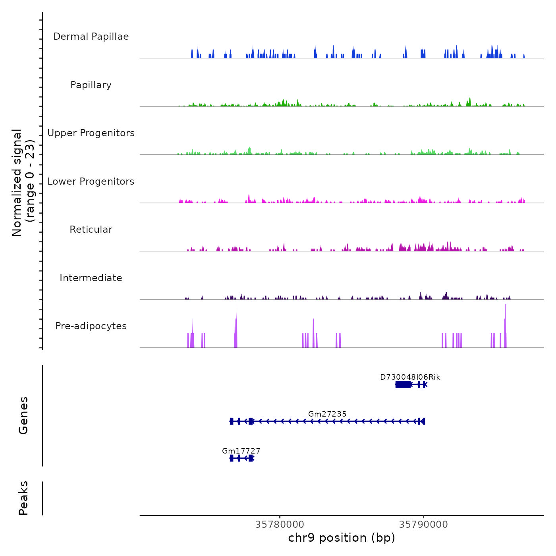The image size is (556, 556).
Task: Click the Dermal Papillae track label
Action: tap(91, 37)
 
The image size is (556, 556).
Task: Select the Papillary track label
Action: tap(91, 85)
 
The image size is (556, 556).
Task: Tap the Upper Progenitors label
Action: tap(91, 133)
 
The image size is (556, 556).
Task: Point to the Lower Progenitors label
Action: tap(91, 181)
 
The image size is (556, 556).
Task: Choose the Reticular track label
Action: tap(91, 230)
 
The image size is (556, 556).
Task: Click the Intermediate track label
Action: tap(91, 278)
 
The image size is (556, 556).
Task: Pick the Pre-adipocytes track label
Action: tap(91, 326)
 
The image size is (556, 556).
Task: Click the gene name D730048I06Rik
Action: tap(410, 377)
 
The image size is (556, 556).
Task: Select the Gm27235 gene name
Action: tap(327, 414)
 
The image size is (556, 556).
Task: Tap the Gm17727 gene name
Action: tap(241, 451)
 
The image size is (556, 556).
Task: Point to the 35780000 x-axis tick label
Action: tap(280, 525)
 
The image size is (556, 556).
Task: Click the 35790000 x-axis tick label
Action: tap(423, 525)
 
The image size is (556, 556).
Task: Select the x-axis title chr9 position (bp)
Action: tap(342, 538)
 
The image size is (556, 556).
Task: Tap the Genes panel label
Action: tap(23, 415)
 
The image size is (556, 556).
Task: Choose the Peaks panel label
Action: tap(23, 498)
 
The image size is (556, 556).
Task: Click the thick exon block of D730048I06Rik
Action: tap(403, 384)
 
